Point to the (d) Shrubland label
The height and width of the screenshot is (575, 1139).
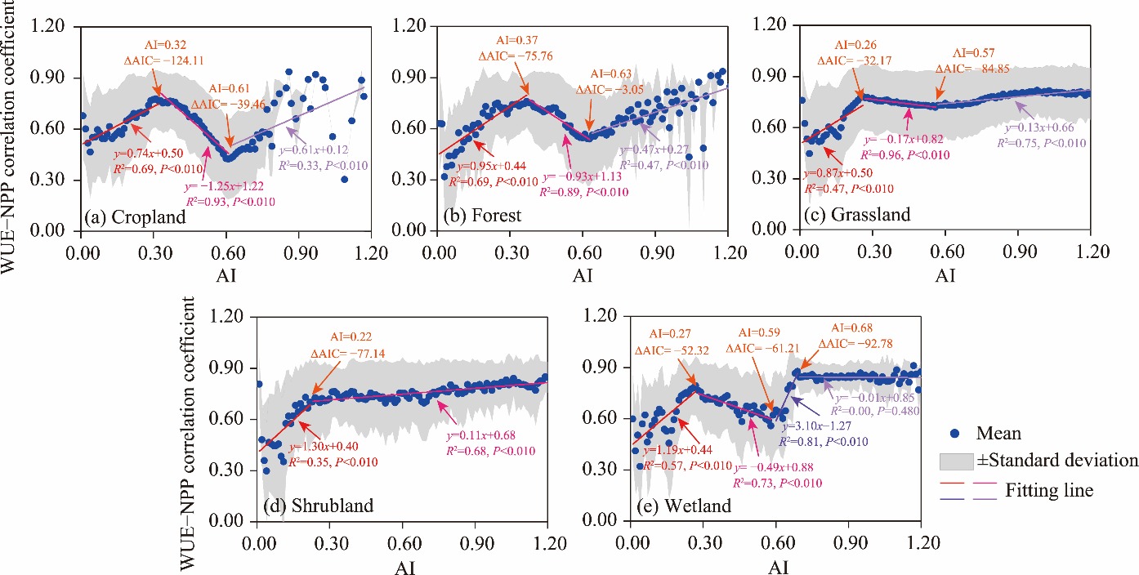coord(318,506)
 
